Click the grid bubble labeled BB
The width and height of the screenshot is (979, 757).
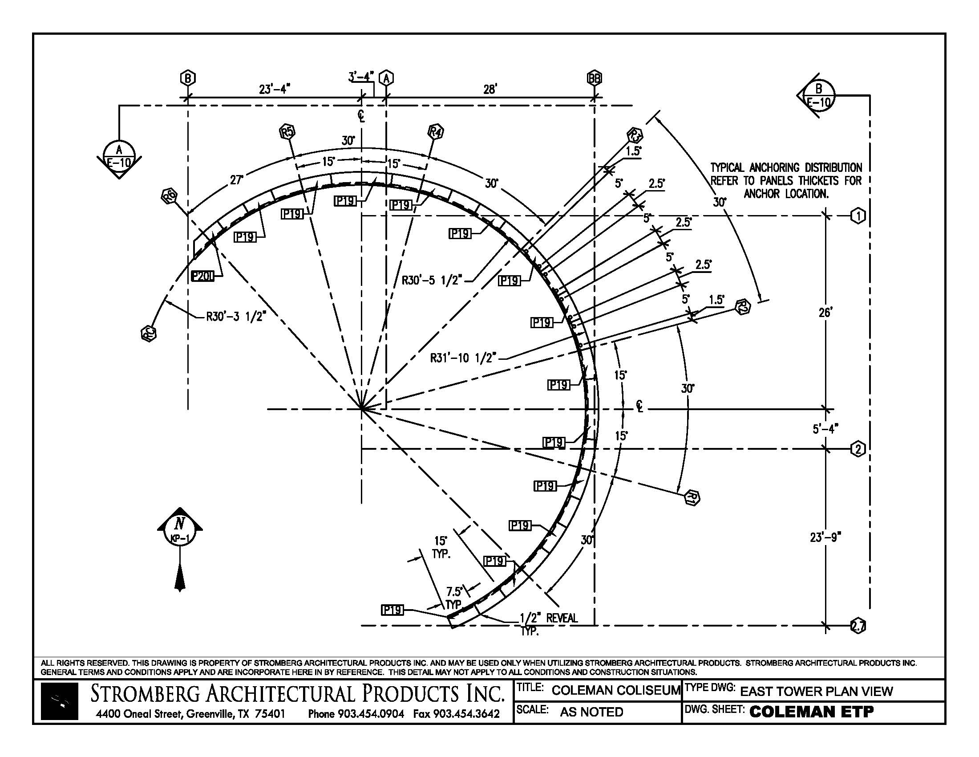(x=595, y=78)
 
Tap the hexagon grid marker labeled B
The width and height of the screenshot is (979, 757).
(x=188, y=78)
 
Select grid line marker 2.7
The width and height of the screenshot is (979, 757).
(x=858, y=627)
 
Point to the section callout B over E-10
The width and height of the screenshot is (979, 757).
(x=818, y=96)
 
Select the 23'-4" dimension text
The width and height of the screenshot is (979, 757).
(x=274, y=89)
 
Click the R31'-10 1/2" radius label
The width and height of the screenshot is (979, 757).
(x=464, y=358)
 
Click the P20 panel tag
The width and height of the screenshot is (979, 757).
(x=202, y=277)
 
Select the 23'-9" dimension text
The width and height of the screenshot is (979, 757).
(x=825, y=537)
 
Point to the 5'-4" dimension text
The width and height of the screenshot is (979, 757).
(x=825, y=429)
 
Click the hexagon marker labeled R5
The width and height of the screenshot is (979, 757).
(x=287, y=132)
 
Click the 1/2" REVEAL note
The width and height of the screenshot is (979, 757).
(x=548, y=619)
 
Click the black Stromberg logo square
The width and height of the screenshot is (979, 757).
(x=59, y=701)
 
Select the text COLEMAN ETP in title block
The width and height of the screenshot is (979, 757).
(x=811, y=712)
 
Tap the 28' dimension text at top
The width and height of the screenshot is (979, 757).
(x=489, y=89)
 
